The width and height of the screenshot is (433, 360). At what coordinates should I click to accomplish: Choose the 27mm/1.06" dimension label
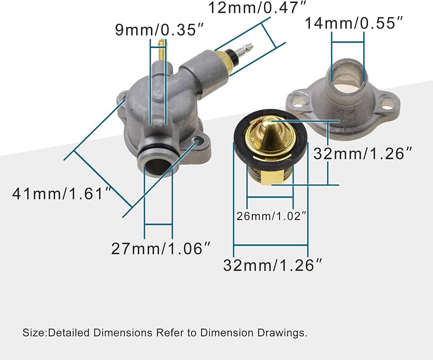pos(161,249)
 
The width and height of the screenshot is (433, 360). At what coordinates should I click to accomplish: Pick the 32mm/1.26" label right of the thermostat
pos(363,154)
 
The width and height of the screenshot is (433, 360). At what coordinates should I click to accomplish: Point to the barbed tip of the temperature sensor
pos(248,48)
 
